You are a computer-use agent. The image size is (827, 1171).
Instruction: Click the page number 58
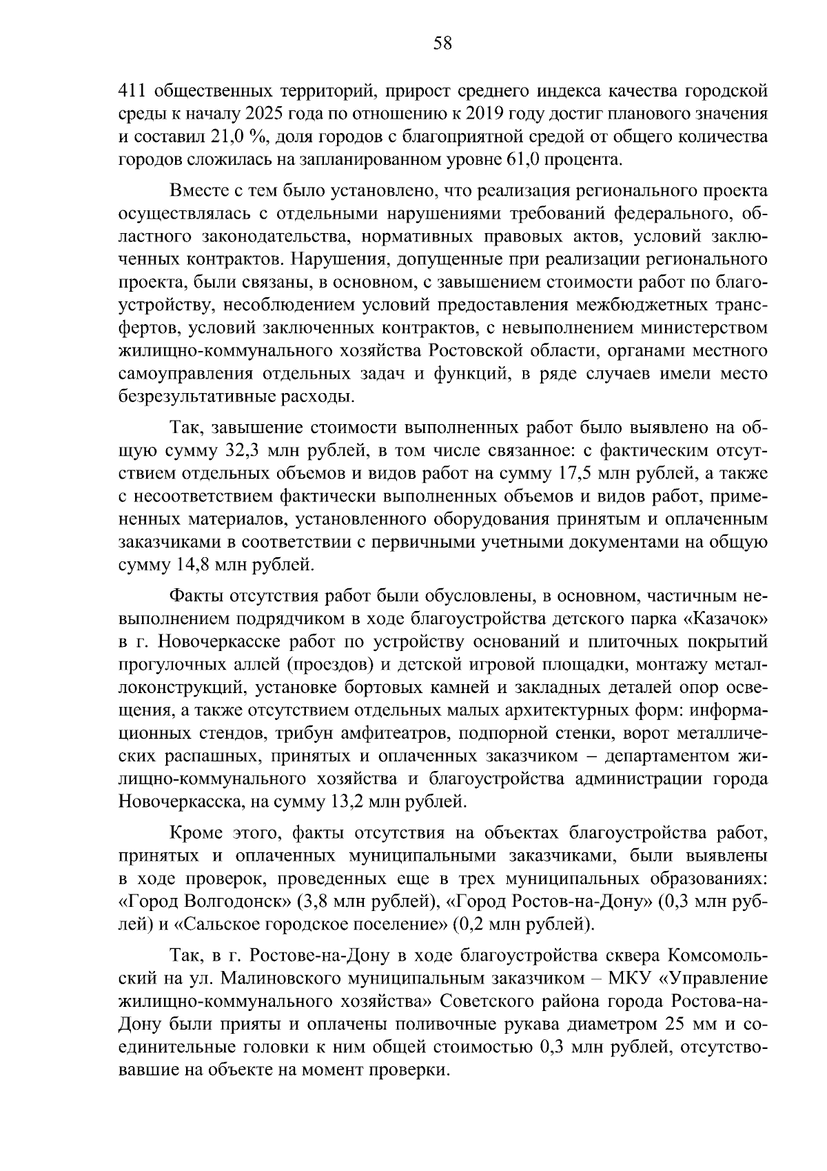(x=442, y=44)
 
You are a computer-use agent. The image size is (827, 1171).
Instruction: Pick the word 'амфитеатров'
(x=393, y=732)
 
